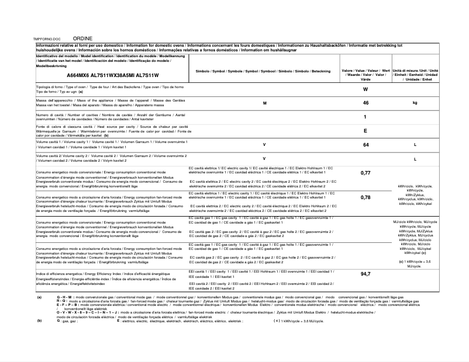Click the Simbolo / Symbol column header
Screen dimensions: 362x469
point(263,71)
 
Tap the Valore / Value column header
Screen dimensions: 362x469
point(365,75)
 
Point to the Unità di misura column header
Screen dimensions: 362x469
point(415,75)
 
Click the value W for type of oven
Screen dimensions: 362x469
point(365,89)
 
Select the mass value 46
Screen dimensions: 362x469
point(365,103)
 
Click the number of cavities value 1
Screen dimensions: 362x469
point(365,117)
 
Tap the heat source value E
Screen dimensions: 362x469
point(365,131)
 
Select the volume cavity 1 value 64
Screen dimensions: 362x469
point(365,144)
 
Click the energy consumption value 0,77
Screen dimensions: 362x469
point(365,173)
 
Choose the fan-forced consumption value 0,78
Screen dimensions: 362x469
point(365,197)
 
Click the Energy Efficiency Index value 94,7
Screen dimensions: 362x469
point(365,274)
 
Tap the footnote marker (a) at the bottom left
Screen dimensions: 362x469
point(39,297)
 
